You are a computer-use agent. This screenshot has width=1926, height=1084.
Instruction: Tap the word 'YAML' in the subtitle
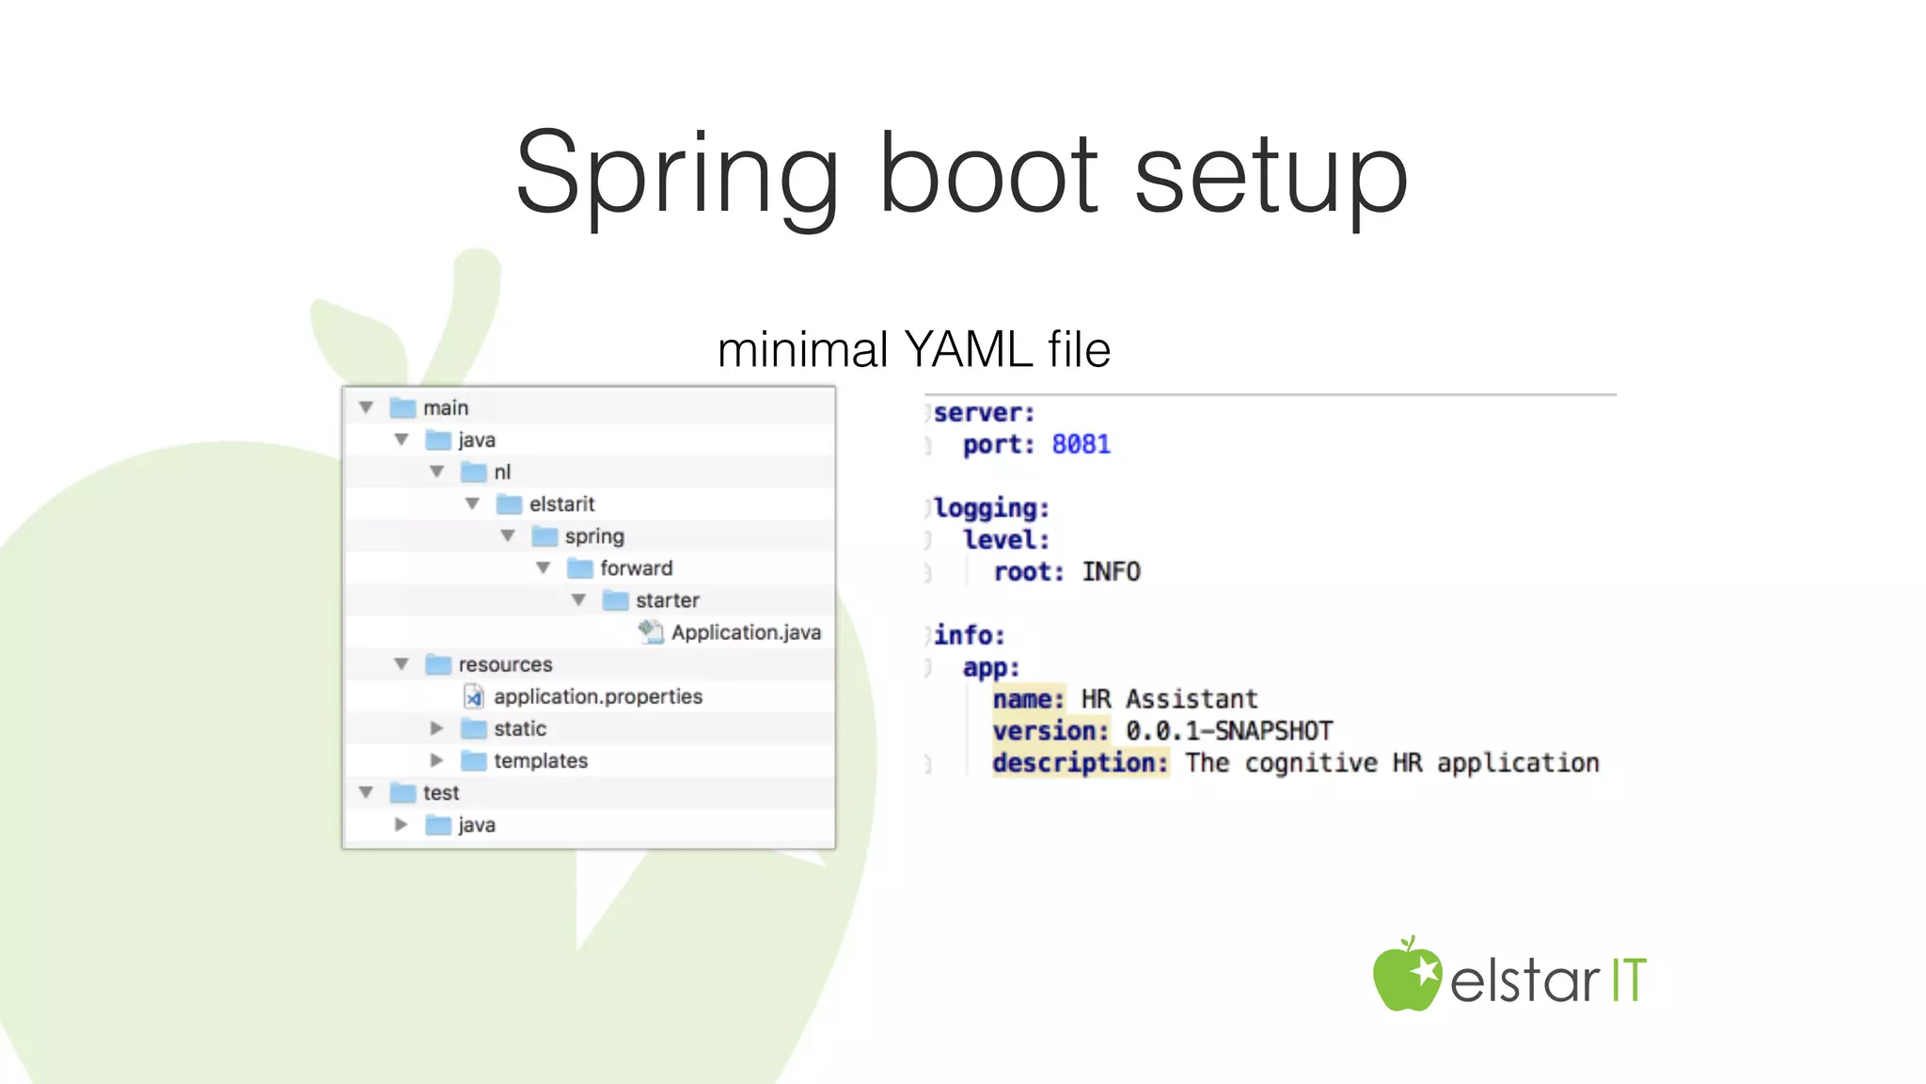pyautogui.click(x=968, y=350)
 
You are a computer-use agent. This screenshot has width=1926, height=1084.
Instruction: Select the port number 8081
pyautogui.click(x=1081, y=444)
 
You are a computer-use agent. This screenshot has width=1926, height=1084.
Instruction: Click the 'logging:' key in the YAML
pyautogui.click(x=991, y=508)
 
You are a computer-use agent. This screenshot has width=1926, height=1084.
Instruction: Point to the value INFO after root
pyautogui.click(x=1111, y=572)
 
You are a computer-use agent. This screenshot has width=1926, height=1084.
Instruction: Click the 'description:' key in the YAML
pyautogui.click(x=1080, y=763)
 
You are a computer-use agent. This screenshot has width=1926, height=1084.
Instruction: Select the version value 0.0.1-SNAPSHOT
pyautogui.click(x=1229, y=731)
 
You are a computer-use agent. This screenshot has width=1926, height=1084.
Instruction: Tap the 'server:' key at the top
pyautogui.click(x=984, y=413)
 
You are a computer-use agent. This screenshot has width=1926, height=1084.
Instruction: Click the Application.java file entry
pyautogui.click(x=746, y=632)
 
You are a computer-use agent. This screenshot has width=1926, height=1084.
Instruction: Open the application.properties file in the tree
pyautogui.click(x=597, y=696)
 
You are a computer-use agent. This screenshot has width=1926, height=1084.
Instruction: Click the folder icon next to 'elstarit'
pyautogui.click(x=509, y=504)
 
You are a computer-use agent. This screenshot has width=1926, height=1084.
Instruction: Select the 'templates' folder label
pyautogui.click(x=541, y=760)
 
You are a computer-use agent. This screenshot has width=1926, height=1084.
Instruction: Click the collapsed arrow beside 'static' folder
pyautogui.click(x=436, y=728)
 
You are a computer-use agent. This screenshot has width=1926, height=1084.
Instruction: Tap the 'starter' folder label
pyautogui.click(x=667, y=600)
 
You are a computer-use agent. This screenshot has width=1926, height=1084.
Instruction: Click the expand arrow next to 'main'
pyautogui.click(x=367, y=407)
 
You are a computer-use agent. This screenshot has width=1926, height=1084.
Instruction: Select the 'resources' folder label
pyautogui.click(x=505, y=664)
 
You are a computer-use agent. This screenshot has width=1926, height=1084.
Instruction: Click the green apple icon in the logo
pyautogui.click(x=1406, y=976)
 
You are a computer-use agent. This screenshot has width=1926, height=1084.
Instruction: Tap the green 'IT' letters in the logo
pyautogui.click(x=1629, y=980)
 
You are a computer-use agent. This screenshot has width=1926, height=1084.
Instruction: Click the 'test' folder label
pyautogui.click(x=440, y=793)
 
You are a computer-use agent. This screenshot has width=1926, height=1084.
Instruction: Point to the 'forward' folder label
pyautogui.click(x=636, y=568)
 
